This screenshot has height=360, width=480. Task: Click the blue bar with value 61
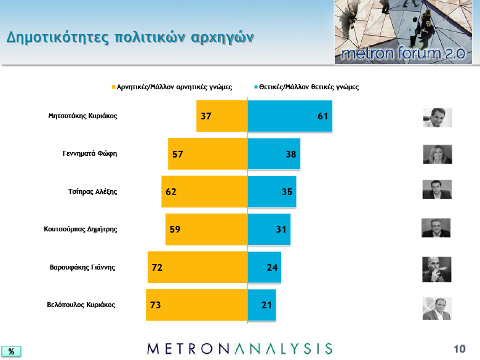(x=290, y=116)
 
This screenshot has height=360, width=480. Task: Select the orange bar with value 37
(x=222, y=116)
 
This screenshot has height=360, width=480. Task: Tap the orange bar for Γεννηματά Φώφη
(x=208, y=154)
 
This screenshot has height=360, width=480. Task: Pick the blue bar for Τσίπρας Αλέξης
(x=272, y=191)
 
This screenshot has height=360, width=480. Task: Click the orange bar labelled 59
(x=207, y=230)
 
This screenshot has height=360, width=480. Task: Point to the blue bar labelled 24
(x=265, y=267)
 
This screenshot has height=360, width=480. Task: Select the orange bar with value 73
(x=197, y=305)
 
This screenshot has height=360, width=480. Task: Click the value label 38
(x=291, y=154)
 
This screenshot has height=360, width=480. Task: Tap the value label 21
(x=266, y=305)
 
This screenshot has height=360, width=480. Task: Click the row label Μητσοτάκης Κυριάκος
(x=82, y=116)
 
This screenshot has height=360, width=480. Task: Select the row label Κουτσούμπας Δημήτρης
(x=81, y=230)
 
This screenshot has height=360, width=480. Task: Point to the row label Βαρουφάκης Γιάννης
(x=82, y=267)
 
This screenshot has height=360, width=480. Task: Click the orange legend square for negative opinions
(x=114, y=87)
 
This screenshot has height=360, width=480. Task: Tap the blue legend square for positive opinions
(x=256, y=87)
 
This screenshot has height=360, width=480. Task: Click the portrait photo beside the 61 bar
(x=438, y=118)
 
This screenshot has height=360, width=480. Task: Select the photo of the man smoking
(x=436, y=270)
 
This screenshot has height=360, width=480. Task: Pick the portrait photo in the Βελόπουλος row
(x=437, y=308)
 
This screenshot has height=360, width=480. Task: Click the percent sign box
(x=11, y=351)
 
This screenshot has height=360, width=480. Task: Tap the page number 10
(x=459, y=349)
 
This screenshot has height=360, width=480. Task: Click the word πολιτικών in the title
(x=150, y=38)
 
